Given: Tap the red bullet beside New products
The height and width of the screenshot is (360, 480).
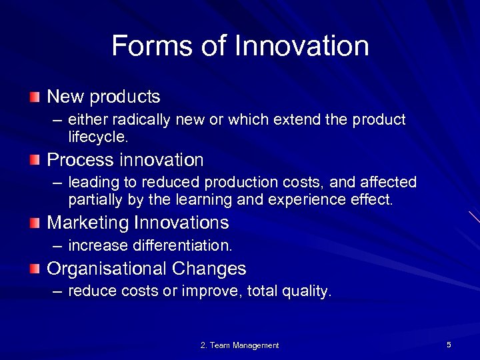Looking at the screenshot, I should (35, 97).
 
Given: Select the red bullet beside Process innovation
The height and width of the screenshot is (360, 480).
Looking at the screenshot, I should (35, 160).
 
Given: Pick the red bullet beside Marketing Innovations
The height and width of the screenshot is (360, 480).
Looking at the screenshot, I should (35, 223).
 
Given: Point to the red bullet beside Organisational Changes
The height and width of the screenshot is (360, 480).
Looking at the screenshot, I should (35, 269).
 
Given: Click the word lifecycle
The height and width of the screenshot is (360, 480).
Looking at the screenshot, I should (97, 137).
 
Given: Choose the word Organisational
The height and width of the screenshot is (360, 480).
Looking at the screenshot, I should (107, 269).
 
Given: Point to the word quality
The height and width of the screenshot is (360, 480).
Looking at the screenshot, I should (305, 292).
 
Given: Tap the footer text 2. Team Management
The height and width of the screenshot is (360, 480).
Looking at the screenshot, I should (239, 345).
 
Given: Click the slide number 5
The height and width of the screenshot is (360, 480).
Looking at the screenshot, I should (449, 345).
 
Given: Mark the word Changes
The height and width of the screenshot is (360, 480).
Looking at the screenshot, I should (209, 269).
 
